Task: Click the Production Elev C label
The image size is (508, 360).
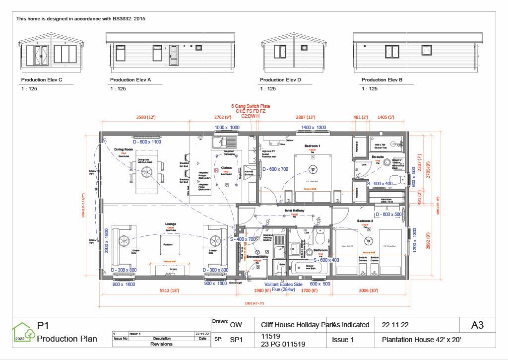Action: click(42, 79)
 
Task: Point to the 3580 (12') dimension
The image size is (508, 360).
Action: click(146, 117)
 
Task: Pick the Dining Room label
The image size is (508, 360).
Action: click(124, 149)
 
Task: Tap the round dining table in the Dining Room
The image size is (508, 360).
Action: click(147, 171)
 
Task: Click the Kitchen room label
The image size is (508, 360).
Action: click(226, 168)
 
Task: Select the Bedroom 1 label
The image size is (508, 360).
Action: click(313, 145)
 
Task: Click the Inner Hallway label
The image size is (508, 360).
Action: click(294, 211)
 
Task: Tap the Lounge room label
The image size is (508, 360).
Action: click(171, 224)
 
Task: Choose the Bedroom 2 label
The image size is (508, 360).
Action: click(365, 220)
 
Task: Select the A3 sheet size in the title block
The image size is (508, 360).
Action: click(477, 325)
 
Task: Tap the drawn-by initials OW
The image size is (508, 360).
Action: click(236, 325)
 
